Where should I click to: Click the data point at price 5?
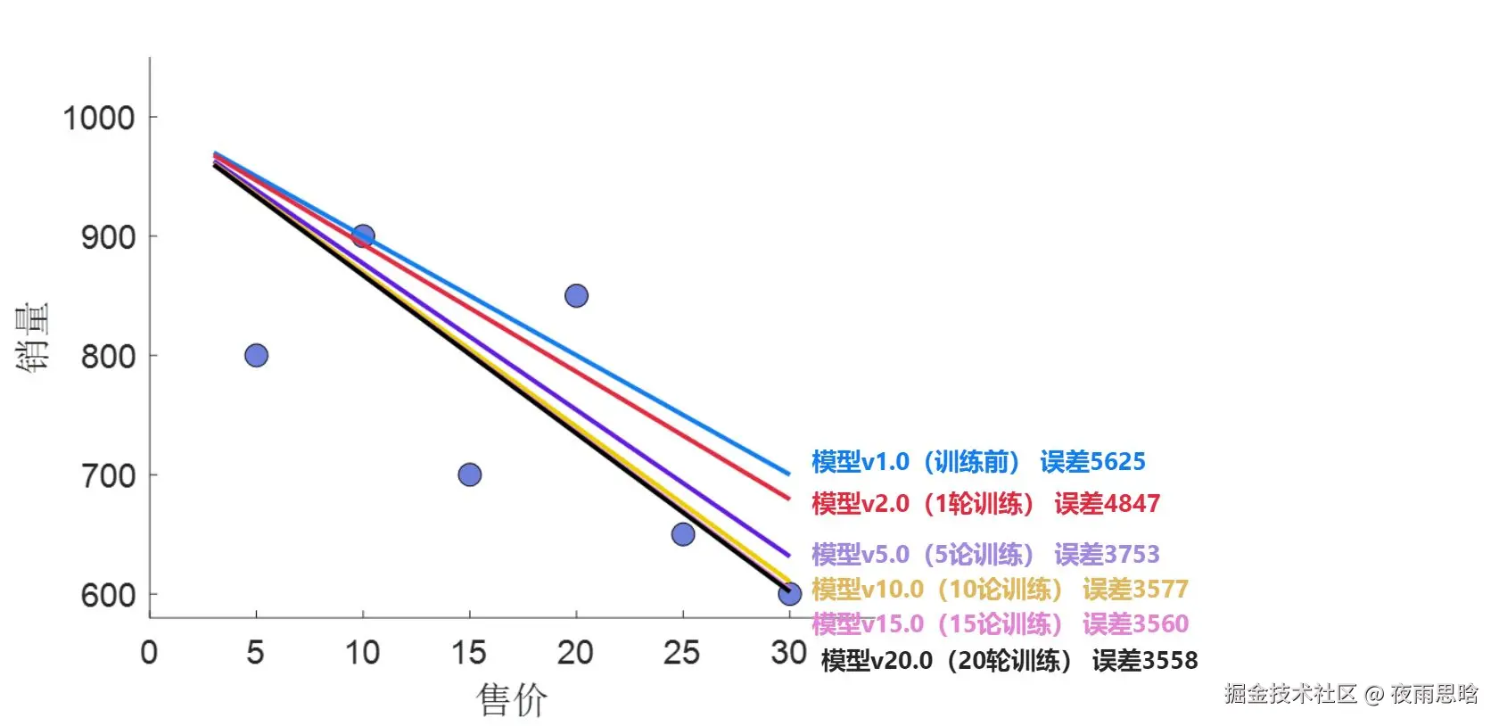point(256,356)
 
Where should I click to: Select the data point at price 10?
point(363,236)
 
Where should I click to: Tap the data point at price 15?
point(470,474)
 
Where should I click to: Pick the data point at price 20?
point(576,296)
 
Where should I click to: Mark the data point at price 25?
point(683,534)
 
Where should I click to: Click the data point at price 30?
point(789,594)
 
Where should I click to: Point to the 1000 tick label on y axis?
point(98,118)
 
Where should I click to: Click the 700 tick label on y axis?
point(108,475)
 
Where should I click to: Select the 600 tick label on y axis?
point(108,595)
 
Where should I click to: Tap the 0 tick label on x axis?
point(149,653)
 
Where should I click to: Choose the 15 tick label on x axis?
point(469,653)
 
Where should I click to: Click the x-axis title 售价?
point(512,699)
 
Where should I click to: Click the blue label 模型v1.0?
point(860,462)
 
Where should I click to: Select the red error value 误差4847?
point(1107,504)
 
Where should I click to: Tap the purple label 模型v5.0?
point(860,555)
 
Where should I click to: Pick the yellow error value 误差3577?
point(1135,590)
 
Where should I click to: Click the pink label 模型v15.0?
point(867,623)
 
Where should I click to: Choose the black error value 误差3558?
point(1144,661)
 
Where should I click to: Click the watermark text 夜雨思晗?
point(1434,694)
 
